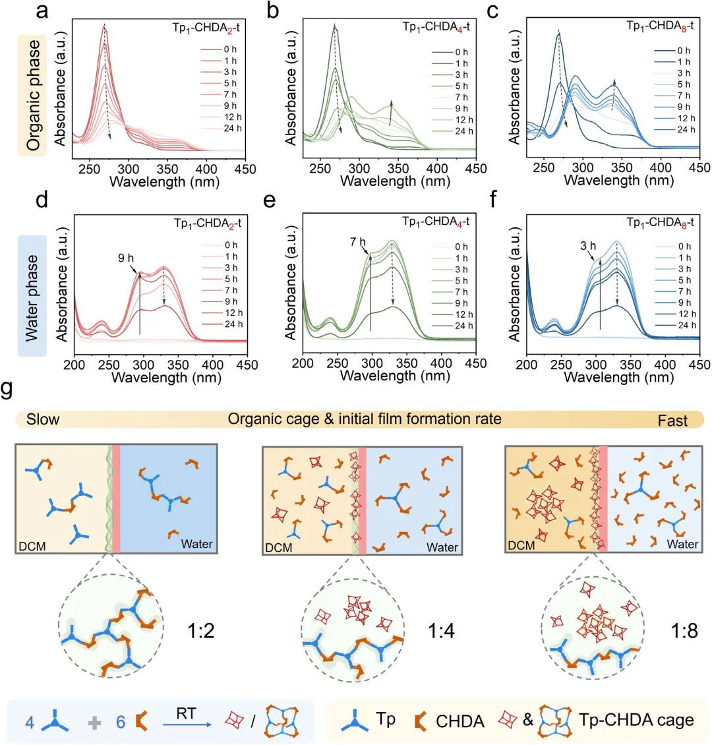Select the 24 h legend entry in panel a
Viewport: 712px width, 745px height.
pos(222,129)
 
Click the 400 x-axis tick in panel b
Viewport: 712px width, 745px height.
pos(437,169)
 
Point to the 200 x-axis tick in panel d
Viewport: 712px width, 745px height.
pos(74,365)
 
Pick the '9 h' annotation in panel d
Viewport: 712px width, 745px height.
pos(126,258)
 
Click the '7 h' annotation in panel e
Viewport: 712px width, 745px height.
pos(358,243)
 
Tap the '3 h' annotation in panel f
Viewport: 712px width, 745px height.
pos(588,246)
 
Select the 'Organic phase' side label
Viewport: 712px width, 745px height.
pos(33,95)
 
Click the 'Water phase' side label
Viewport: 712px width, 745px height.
pos(32,298)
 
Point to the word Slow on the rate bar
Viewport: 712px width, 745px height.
pos(43,419)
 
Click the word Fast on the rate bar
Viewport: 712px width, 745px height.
pos(672,421)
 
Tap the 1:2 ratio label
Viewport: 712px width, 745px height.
pos(201,631)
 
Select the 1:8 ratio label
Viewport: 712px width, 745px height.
pos(684,631)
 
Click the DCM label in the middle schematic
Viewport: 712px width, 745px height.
pos(279,547)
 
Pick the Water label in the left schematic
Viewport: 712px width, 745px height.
pos(196,543)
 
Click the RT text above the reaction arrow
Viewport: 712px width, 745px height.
pos(186,713)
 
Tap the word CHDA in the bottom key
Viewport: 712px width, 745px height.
pos(460,721)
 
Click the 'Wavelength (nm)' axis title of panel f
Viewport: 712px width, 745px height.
pos(619,377)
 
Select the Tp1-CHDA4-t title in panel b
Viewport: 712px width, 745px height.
pos(436,27)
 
